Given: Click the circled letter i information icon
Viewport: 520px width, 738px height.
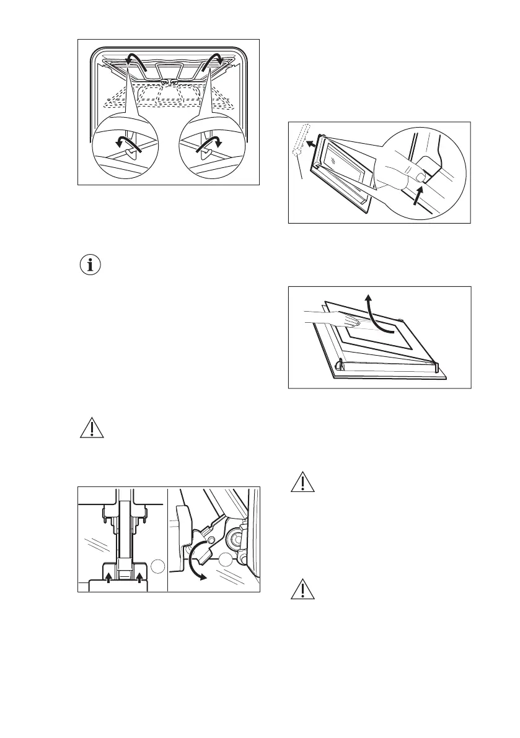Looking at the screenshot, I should pos(92,265).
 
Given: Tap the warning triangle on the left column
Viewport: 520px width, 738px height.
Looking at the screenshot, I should pos(91,428).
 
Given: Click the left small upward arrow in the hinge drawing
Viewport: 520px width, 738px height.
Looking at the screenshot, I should pos(108,577).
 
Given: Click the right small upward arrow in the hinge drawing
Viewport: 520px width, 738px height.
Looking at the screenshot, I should pos(139,577).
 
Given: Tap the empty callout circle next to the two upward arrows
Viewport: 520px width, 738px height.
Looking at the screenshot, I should pos(157,566).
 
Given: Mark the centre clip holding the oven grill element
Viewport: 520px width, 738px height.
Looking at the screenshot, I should pos(166,81).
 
